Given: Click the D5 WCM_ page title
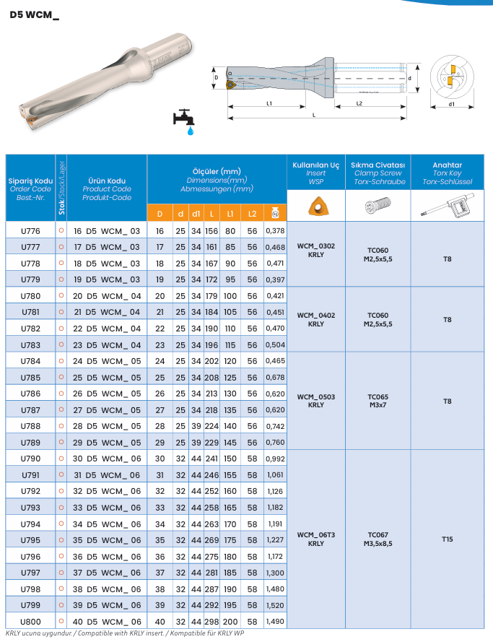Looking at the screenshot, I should pos(35,14).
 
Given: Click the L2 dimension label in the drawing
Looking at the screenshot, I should pos(359,104).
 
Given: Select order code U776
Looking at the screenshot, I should pos(30,230).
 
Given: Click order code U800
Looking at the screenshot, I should pos(30,622).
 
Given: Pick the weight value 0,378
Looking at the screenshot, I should pos(275,230).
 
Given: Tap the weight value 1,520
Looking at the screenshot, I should pos(275,605).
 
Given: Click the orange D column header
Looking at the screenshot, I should pos(160,213).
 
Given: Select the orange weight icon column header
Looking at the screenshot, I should pos(274,213).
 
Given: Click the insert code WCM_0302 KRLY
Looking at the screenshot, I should pos(315,250).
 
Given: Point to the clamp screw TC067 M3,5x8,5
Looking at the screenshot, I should pos(378,539).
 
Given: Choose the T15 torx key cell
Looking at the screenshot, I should pos(448,539).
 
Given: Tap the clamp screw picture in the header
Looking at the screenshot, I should pos(378,207).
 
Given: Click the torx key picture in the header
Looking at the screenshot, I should pos(448,208).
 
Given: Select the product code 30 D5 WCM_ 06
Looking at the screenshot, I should pos(108,459).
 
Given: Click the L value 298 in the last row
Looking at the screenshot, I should pos(211,622).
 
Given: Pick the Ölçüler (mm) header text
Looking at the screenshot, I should pos(217,170).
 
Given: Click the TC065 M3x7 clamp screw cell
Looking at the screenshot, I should pos(378,401).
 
